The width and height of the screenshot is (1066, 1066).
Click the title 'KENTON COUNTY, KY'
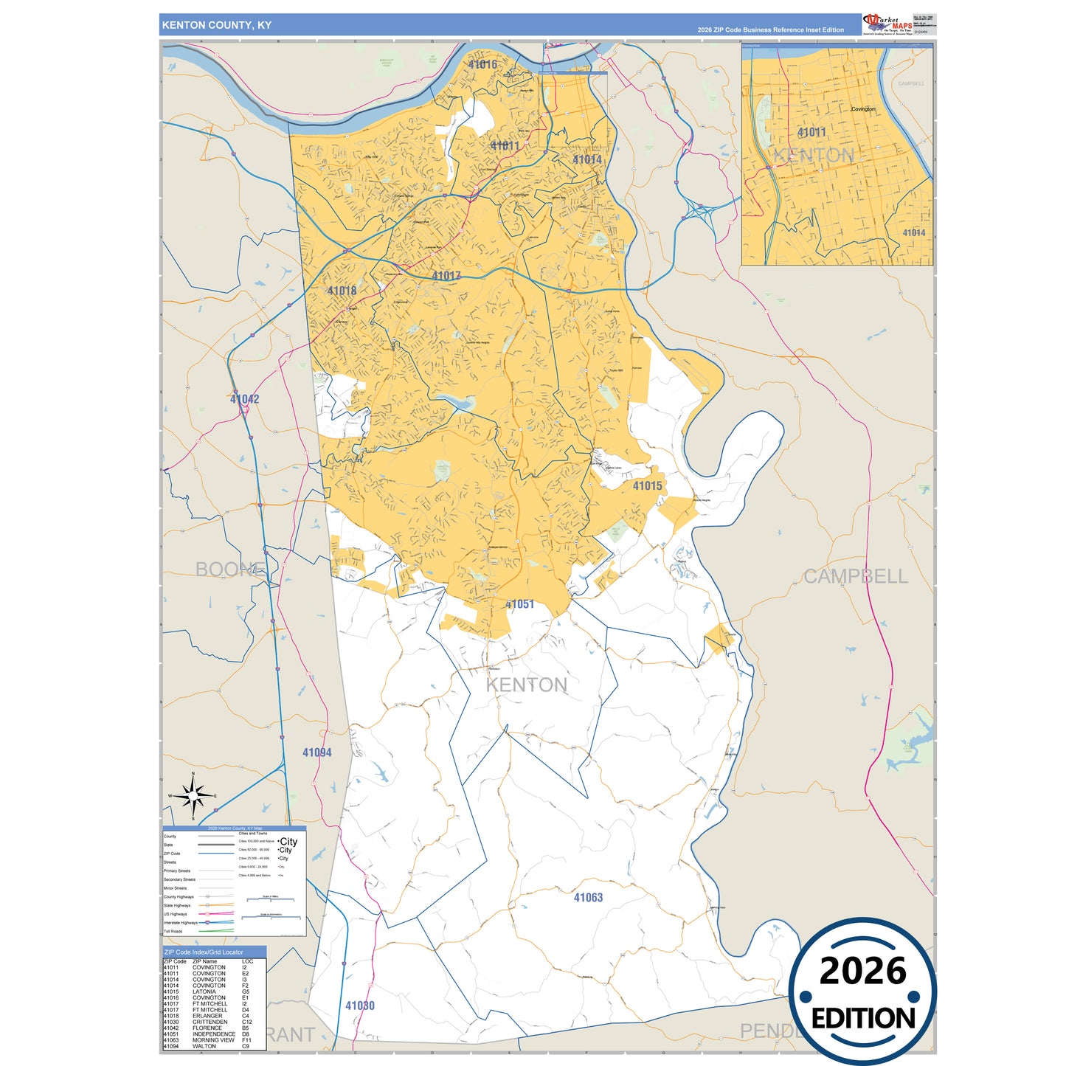click(x=216, y=25)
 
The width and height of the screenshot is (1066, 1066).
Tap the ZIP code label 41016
click(x=482, y=65)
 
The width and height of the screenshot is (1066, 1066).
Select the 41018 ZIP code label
click(x=342, y=291)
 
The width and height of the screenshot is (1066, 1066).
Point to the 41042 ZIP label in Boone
click(x=244, y=399)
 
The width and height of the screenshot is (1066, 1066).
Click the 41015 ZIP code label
click(x=647, y=485)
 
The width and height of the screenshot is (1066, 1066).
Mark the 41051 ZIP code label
click(x=519, y=604)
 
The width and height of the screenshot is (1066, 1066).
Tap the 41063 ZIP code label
click(x=588, y=897)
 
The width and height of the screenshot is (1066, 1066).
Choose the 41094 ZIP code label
click(x=316, y=752)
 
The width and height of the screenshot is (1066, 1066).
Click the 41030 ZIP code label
click(x=360, y=1006)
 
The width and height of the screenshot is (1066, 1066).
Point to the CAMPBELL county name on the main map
click(x=855, y=576)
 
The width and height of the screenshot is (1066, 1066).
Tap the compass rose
click(x=193, y=796)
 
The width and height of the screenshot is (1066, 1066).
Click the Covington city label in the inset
click(x=863, y=109)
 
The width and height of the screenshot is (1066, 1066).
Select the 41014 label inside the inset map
click(x=913, y=232)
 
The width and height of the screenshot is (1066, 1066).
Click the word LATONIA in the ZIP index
click(x=204, y=991)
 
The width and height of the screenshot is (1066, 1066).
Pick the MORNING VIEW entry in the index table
click(x=213, y=1040)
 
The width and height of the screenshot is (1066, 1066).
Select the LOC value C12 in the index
click(x=246, y=1022)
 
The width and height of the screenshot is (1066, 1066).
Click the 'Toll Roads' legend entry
click(x=173, y=931)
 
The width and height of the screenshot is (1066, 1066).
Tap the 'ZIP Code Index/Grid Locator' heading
click(x=203, y=952)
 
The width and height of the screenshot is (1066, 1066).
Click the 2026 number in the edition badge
click(x=862, y=971)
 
